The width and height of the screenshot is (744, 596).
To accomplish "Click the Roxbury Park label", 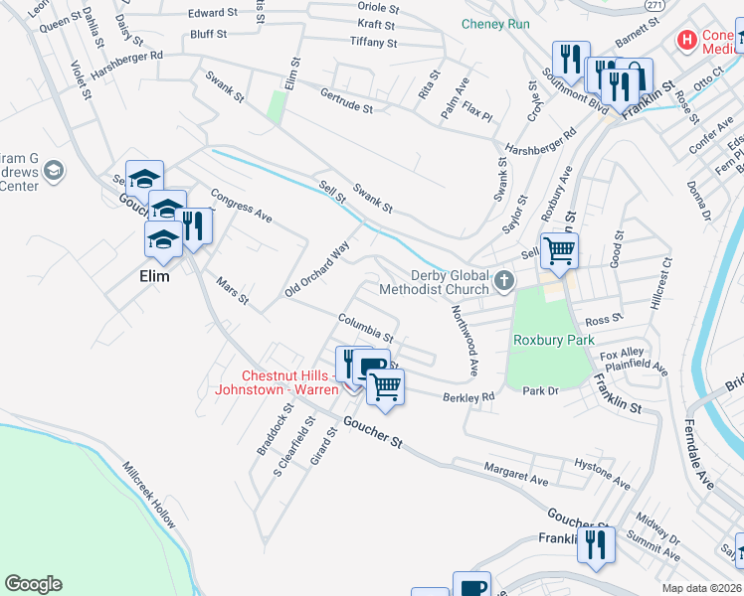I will (553, 340).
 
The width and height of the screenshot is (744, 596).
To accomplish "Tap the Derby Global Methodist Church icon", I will (504, 282).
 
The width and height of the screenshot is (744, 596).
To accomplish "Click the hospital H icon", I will (686, 42).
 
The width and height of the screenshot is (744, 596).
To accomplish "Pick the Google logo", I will (33, 584).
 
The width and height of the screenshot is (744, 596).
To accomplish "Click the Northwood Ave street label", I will (465, 340).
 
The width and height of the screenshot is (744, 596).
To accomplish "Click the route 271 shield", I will (653, 5).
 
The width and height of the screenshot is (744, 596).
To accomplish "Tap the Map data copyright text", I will (700, 588).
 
